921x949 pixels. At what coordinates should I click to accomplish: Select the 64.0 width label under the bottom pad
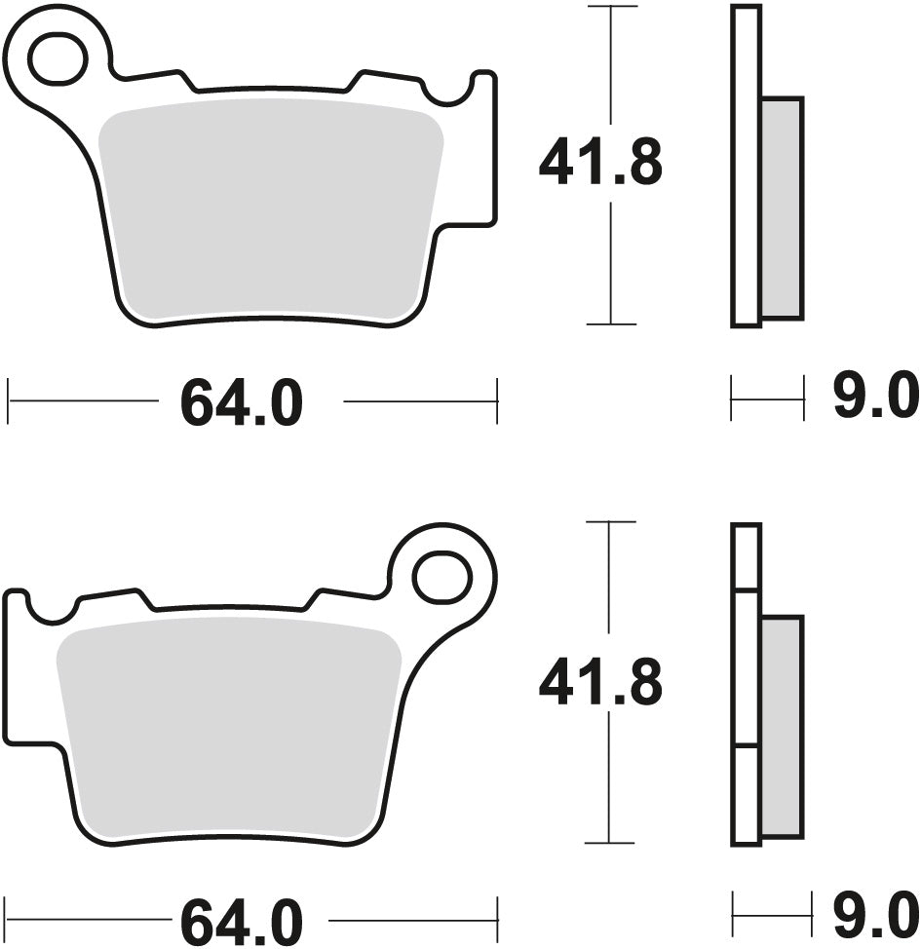[x=242, y=919]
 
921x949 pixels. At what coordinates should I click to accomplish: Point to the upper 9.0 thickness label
[x=875, y=399]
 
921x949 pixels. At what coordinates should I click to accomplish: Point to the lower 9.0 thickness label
[x=875, y=917]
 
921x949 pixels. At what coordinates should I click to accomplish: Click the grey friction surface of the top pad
[x=268, y=209]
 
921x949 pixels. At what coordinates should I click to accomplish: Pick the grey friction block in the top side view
[x=782, y=208]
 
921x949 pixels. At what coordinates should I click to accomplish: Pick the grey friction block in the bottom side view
[x=782, y=726]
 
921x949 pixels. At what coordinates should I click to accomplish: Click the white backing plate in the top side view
[x=746, y=166]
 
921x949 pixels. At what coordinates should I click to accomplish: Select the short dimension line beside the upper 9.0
[x=767, y=399]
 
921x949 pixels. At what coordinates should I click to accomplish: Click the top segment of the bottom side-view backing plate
[x=746, y=556]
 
